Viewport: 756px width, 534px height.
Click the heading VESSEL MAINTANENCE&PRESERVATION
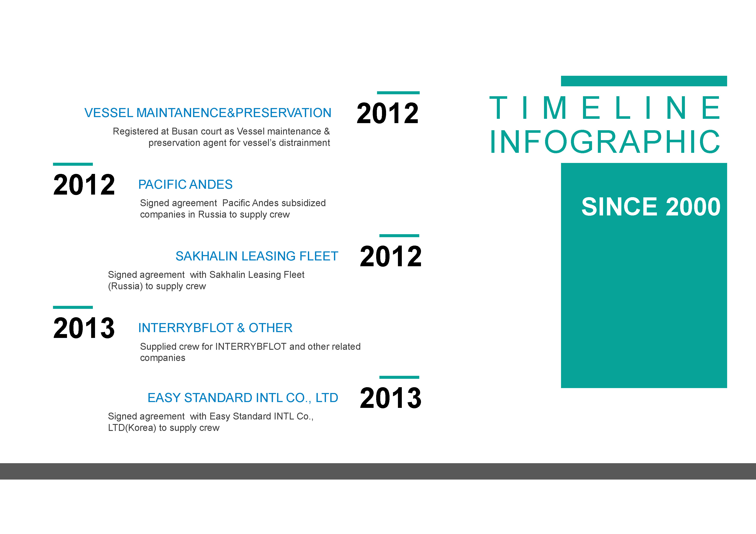tap(208, 113)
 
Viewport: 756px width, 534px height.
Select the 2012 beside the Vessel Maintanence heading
tap(388, 113)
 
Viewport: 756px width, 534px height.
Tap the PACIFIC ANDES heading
tap(185, 185)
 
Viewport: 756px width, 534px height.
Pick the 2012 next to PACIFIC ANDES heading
tap(84, 185)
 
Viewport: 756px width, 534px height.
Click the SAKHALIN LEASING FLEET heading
tap(257, 256)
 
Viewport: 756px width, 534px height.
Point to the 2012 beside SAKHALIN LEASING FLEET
tap(391, 256)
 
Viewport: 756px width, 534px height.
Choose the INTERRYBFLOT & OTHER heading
tap(215, 328)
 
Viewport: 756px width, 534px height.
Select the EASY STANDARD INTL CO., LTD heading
tap(243, 398)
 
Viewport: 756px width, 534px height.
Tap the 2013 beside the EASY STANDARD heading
tap(391, 398)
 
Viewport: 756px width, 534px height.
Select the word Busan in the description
tap(184, 131)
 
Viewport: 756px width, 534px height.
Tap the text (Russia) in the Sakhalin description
tap(125, 286)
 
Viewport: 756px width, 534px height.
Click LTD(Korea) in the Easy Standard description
tap(132, 428)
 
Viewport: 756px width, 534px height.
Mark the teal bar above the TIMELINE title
tap(644, 81)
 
